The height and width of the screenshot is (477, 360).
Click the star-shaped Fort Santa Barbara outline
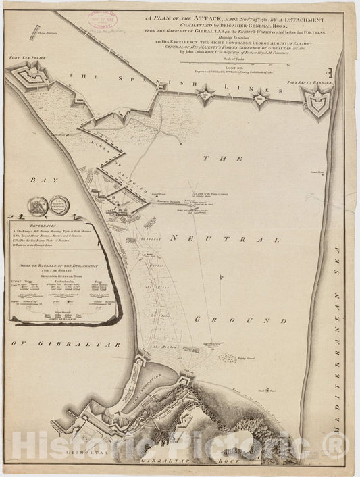[314, 102]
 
